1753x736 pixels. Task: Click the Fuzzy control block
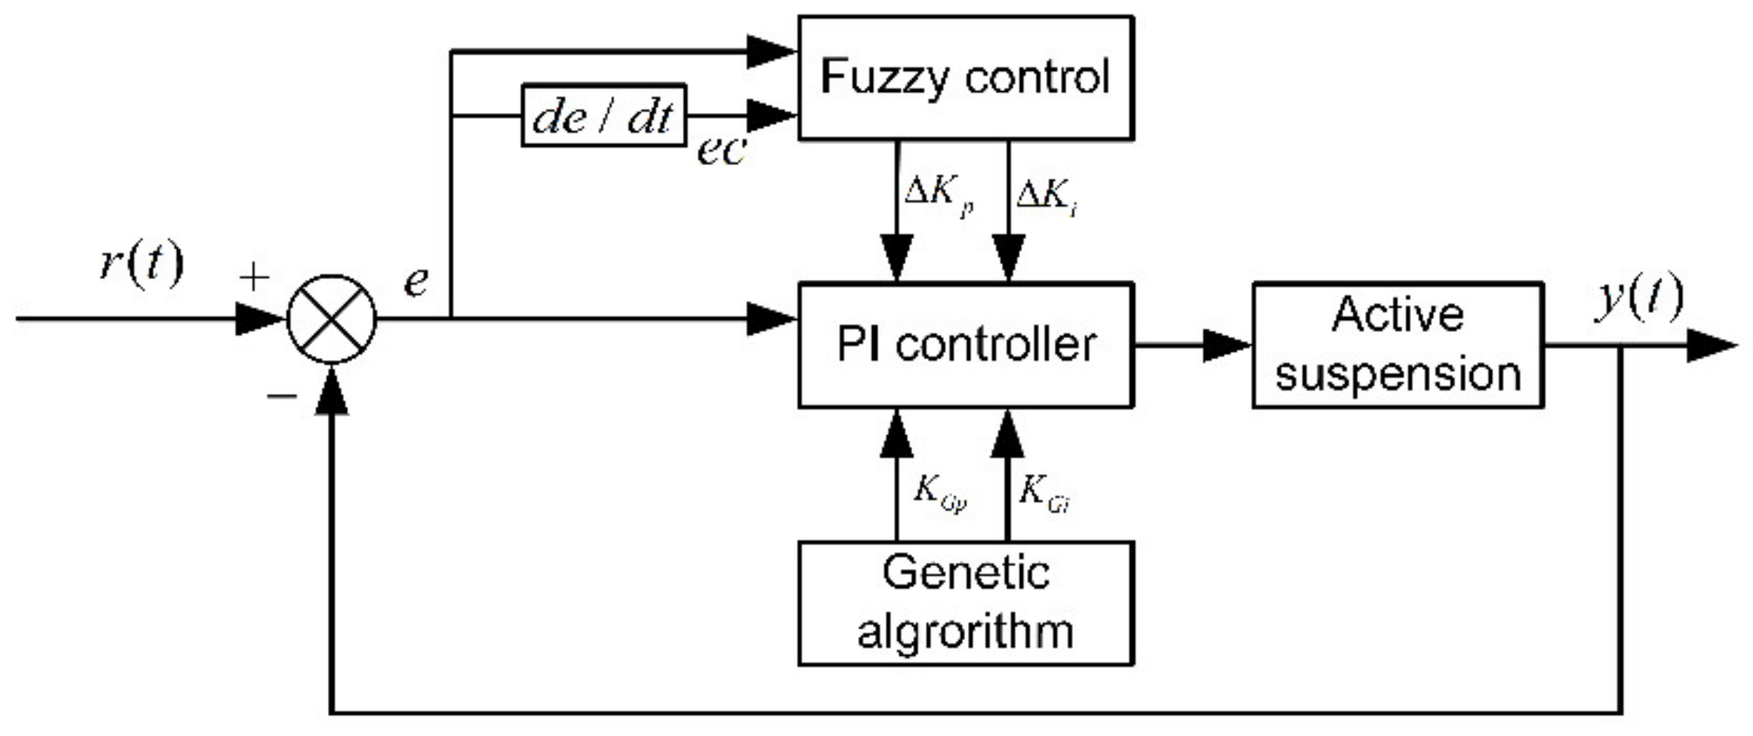tap(965, 78)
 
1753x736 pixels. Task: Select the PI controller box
tap(965, 345)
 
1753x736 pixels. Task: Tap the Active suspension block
tap(1397, 345)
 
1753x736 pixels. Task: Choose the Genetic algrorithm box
tap(965, 603)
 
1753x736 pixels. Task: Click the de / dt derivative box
tap(603, 116)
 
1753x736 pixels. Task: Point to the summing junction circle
tap(332, 319)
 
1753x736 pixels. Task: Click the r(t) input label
tap(142, 263)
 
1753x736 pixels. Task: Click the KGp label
tap(939, 493)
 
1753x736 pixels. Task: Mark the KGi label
tap(1044, 494)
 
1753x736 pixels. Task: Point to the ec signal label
tap(720, 149)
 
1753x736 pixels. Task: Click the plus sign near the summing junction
tap(254, 277)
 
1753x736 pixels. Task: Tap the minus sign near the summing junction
tap(281, 396)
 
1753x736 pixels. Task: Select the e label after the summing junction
tap(416, 281)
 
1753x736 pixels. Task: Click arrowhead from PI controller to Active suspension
tap(1227, 345)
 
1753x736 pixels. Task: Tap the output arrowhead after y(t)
tap(1711, 345)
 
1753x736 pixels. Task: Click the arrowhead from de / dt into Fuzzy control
tap(771, 116)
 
